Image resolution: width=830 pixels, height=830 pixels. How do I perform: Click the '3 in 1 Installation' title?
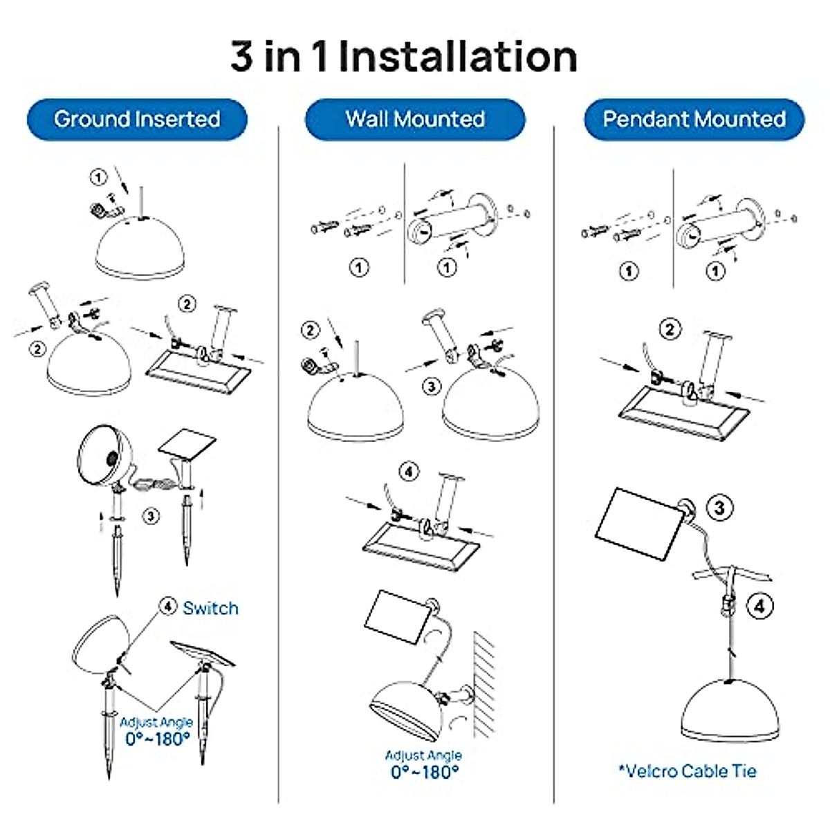[404, 57]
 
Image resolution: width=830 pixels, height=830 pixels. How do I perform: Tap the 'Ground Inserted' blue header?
[137, 119]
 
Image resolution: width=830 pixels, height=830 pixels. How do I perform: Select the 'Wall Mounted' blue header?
[415, 119]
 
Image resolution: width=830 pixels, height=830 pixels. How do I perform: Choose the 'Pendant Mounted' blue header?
[694, 119]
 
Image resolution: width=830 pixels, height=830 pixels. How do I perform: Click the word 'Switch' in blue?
[210, 609]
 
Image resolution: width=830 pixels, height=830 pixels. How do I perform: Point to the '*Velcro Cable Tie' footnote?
[688, 771]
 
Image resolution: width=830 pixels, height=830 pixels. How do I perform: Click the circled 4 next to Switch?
[168, 607]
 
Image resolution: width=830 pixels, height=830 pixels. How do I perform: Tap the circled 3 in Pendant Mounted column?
[719, 508]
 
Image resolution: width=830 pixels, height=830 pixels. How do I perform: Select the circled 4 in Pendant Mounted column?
[759, 607]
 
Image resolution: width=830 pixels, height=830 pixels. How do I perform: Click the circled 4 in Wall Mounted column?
[409, 472]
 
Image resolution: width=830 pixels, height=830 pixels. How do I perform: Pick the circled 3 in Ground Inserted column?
[151, 515]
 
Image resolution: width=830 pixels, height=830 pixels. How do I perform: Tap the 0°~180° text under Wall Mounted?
[425, 772]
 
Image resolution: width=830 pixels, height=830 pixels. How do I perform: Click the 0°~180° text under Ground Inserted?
[157, 739]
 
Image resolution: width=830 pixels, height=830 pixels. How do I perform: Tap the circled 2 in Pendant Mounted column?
[669, 329]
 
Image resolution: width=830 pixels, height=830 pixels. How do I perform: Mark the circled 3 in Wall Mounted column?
[432, 385]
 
